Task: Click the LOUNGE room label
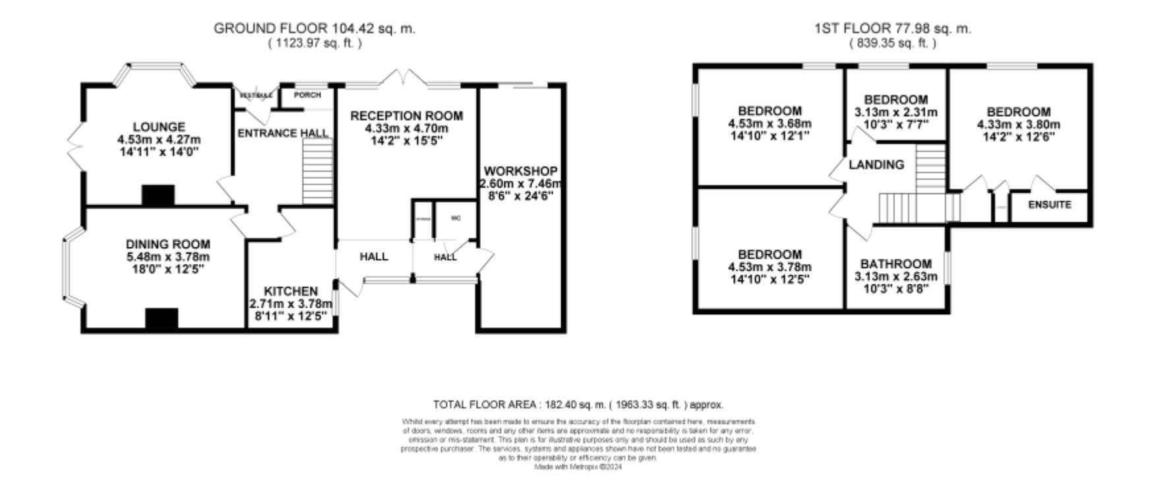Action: [159, 127]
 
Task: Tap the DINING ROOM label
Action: [167, 244]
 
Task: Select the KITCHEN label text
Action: [291, 291]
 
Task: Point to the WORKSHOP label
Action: [520, 172]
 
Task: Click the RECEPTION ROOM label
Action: [406, 116]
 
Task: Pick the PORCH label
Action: [307, 95]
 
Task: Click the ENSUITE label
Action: [1050, 205]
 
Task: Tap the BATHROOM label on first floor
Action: [896, 263]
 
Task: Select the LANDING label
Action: [876, 164]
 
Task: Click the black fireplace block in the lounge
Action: [158, 195]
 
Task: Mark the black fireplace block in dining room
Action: [162, 318]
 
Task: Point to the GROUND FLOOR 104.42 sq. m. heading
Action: [315, 28]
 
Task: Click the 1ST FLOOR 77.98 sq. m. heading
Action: [893, 28]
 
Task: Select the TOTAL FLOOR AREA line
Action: [578, 405]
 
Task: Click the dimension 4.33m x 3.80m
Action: [1018, 125]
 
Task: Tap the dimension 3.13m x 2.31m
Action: [896, 112]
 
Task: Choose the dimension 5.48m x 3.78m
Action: [167, 257]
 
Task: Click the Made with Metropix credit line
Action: [578, 467]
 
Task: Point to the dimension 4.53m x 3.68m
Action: [770, 123]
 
